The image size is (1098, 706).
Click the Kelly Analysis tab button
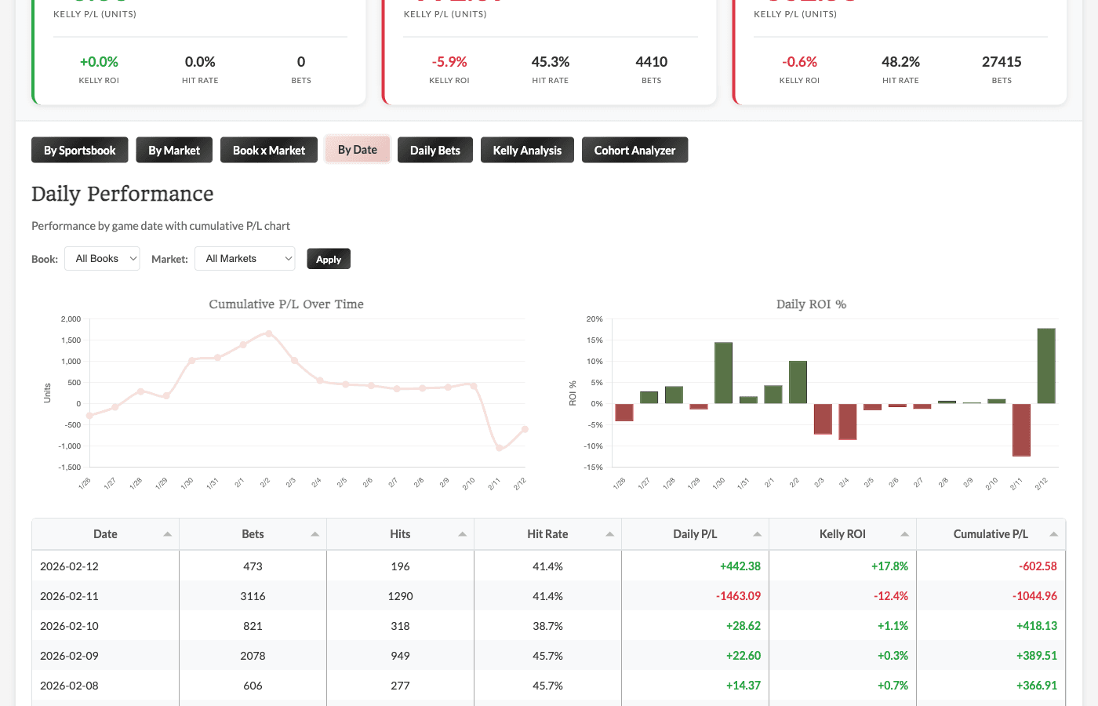pos(527,150)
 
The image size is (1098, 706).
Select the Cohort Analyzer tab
pos(634,150)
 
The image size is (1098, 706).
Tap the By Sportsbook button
pos(79,150)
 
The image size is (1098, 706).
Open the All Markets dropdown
pos(245,259)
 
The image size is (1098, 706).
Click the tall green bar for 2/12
pos(1045,366)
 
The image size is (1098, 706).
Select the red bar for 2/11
pos(1021,429)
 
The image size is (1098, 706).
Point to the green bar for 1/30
pos(723,373)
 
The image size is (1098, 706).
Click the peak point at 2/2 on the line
pos(269,333)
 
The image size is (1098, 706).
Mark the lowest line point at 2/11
pos(500,448)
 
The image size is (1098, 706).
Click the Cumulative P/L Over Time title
pos(286,304)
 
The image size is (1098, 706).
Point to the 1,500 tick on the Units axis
pos(71,340)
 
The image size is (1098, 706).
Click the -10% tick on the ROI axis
pos(594,446)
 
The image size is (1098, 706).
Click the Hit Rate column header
pos(547,534)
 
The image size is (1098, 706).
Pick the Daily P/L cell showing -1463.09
pos(738,596)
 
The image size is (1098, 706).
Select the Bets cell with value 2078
pos(253,656)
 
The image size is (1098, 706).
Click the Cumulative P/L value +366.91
pos(1036,686)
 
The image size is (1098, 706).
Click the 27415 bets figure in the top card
pos(1002,62)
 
